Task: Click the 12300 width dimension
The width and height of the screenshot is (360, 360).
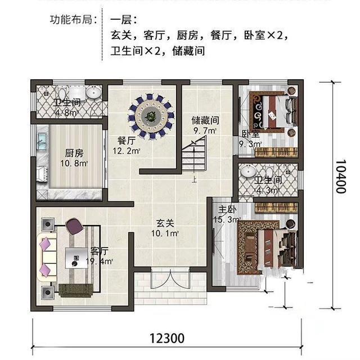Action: click(x=167, y=339)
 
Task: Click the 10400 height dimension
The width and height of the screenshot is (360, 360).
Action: click(x=339, y=175)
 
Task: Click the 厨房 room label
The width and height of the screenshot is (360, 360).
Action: click(x=75, y=158)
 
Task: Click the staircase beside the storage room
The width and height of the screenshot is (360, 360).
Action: click(x=193, y=158)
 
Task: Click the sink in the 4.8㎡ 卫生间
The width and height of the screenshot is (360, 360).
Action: click(x=93, y=93)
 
